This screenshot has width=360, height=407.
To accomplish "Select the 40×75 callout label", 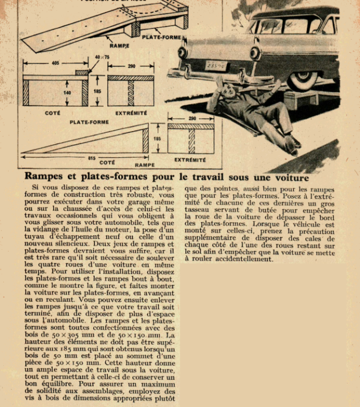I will point(102,57).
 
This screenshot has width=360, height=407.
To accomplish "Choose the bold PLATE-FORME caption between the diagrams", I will point(89,122).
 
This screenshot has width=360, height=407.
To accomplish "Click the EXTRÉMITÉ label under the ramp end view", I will point(190,160).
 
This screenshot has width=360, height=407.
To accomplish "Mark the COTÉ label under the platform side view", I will point(53,113).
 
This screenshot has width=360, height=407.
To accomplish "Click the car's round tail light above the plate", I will point(182,53).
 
